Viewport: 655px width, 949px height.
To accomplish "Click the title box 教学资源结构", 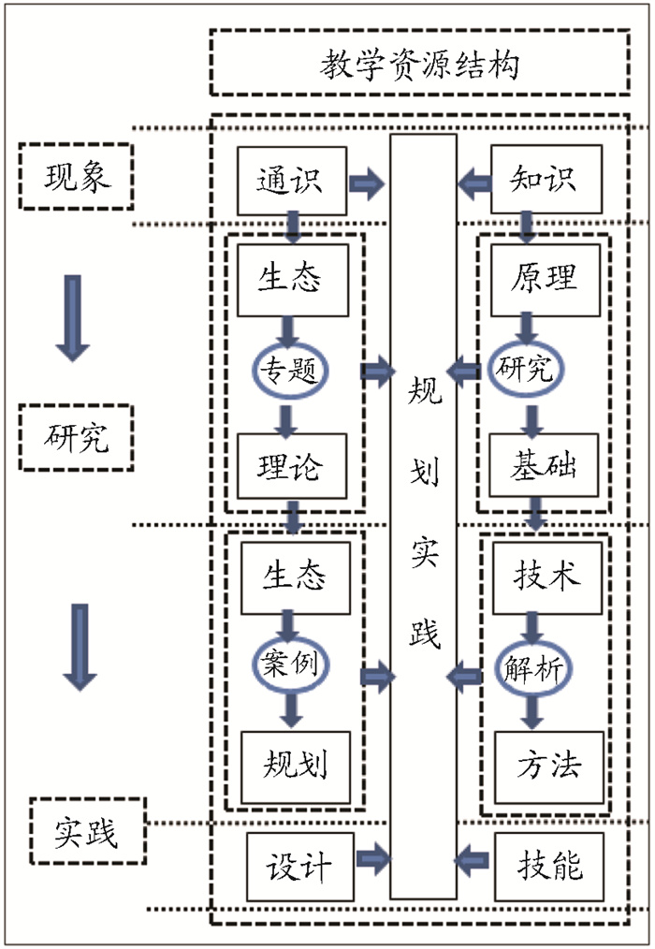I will click(x=418, y=63).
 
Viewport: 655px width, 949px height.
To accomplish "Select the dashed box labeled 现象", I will click(x=77, y=176).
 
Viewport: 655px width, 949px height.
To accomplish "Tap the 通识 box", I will click(x=290, y=179).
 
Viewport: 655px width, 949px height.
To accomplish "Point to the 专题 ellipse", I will click(x=290, y=372).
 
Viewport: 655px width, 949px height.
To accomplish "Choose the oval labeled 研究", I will click(x=526, y=370).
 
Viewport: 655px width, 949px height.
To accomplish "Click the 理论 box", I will click(x=290, y=465).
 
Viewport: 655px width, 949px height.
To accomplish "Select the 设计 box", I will click(x=298, y=866).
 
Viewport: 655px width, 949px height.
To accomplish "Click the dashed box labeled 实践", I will click(x=87, y=831).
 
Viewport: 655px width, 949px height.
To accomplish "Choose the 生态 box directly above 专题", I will click(x=290, y=279).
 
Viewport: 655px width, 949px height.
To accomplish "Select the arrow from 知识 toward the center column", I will click(x=474, y=180).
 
